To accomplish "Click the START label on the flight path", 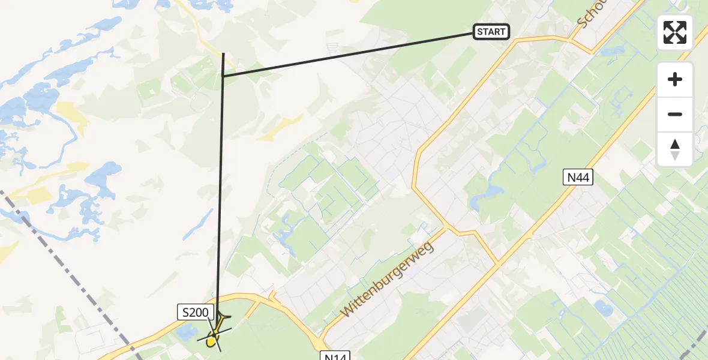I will pyautogui.click(x=491, y=32).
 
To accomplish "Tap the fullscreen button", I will pyautogui.click(x=675, y=32).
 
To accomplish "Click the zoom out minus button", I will pyautogui.click(x=675, y=114).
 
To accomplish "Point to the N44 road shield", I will pyautogui.click(x=578, y=177).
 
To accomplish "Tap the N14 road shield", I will pyautogui.click(x=334, y=356).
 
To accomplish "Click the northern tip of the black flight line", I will pyautogui.click(x=224, y=54).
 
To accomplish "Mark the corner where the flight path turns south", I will pyautogui.click(x=223, y=76).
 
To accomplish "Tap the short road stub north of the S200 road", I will pyautogui.click(x=273, y=295).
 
